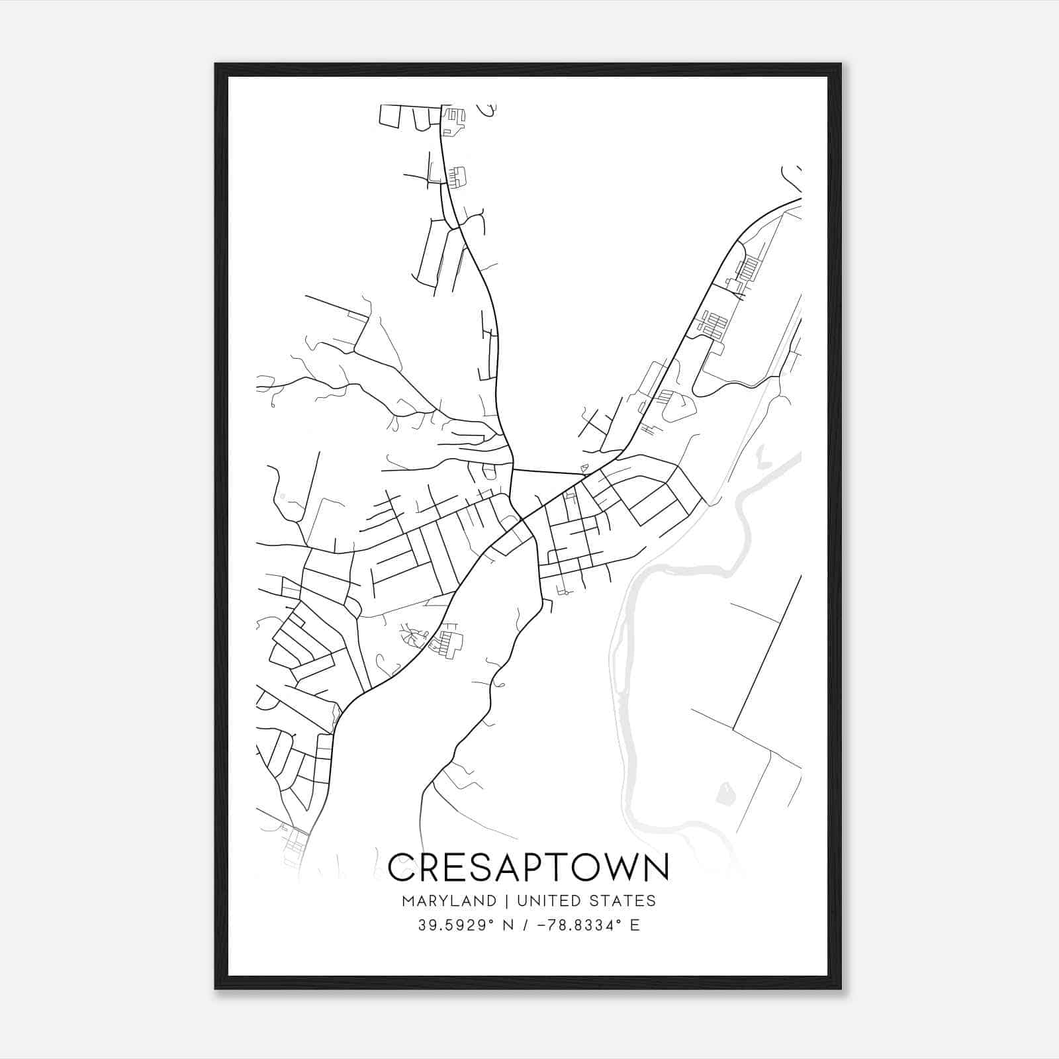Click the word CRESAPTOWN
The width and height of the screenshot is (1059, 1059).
click(528, 868)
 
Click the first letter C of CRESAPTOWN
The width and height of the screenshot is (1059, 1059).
click(402, 868)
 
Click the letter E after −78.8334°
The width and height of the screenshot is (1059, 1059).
click(635, 925)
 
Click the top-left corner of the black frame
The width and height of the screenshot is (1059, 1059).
click(216, 64)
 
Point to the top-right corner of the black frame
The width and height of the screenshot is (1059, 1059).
click(841, 64)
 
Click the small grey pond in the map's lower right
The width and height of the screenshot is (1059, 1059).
click(726, 793)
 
